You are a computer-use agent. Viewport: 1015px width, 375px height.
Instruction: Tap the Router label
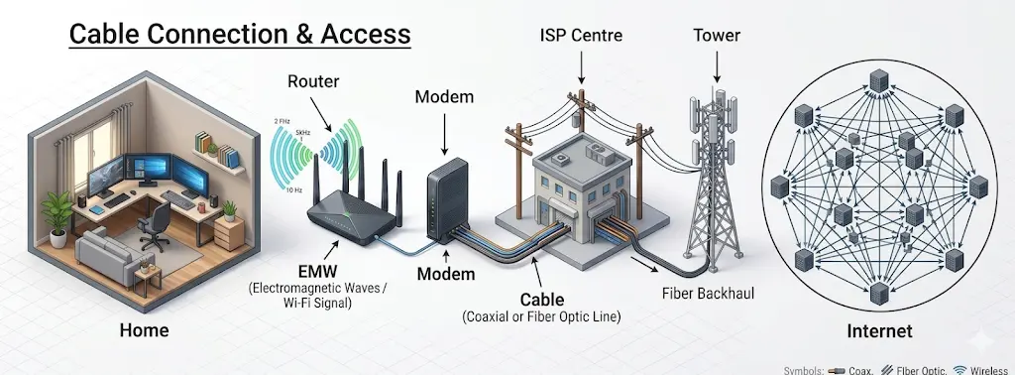click(313, 81)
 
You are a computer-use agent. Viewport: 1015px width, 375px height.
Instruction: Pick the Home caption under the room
click(144, 330)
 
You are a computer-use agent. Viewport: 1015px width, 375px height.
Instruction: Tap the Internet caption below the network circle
click(880, 330)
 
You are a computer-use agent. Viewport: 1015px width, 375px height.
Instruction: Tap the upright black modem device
click(444, 198)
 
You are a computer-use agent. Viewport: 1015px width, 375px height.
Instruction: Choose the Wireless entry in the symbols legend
click(990, 368)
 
